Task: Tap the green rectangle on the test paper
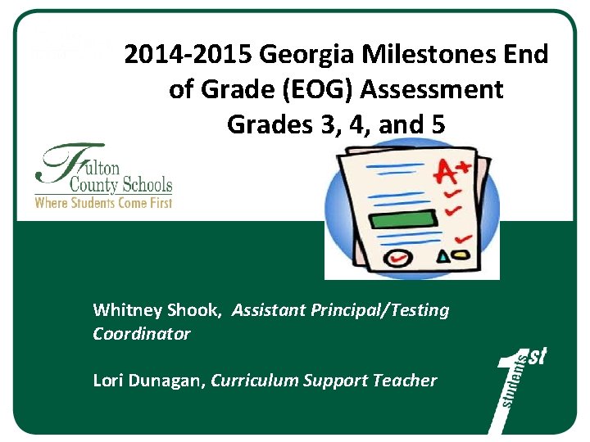point(404,222)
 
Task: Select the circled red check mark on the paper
point(399,258)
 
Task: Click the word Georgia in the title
point(309,56)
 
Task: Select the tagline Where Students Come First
point(103,202)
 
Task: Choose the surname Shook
point(193,310)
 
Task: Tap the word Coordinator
point(141,334)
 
